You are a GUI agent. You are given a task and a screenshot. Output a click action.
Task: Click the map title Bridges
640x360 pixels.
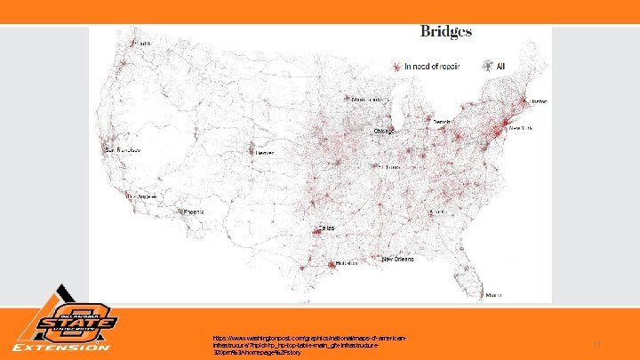445,32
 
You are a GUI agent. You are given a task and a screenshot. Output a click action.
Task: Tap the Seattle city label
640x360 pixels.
141,43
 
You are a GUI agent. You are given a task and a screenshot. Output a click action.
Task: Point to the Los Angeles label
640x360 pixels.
145,196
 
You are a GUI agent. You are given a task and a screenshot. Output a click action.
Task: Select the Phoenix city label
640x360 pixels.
194,212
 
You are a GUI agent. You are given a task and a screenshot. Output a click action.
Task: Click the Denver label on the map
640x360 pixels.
266,153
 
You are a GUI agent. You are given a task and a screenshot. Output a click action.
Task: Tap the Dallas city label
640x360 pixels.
326,228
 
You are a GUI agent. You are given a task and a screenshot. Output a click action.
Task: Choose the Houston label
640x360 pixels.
334,264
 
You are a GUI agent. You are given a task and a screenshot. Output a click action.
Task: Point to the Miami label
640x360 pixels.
493,295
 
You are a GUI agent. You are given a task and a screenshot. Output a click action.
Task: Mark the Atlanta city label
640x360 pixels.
437,212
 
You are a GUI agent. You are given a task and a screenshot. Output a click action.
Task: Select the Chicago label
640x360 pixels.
383,131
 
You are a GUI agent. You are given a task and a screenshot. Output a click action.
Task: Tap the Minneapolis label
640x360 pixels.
366,99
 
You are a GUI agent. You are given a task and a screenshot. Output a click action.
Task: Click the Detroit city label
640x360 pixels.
441,120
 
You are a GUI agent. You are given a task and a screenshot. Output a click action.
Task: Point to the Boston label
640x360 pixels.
539,102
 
